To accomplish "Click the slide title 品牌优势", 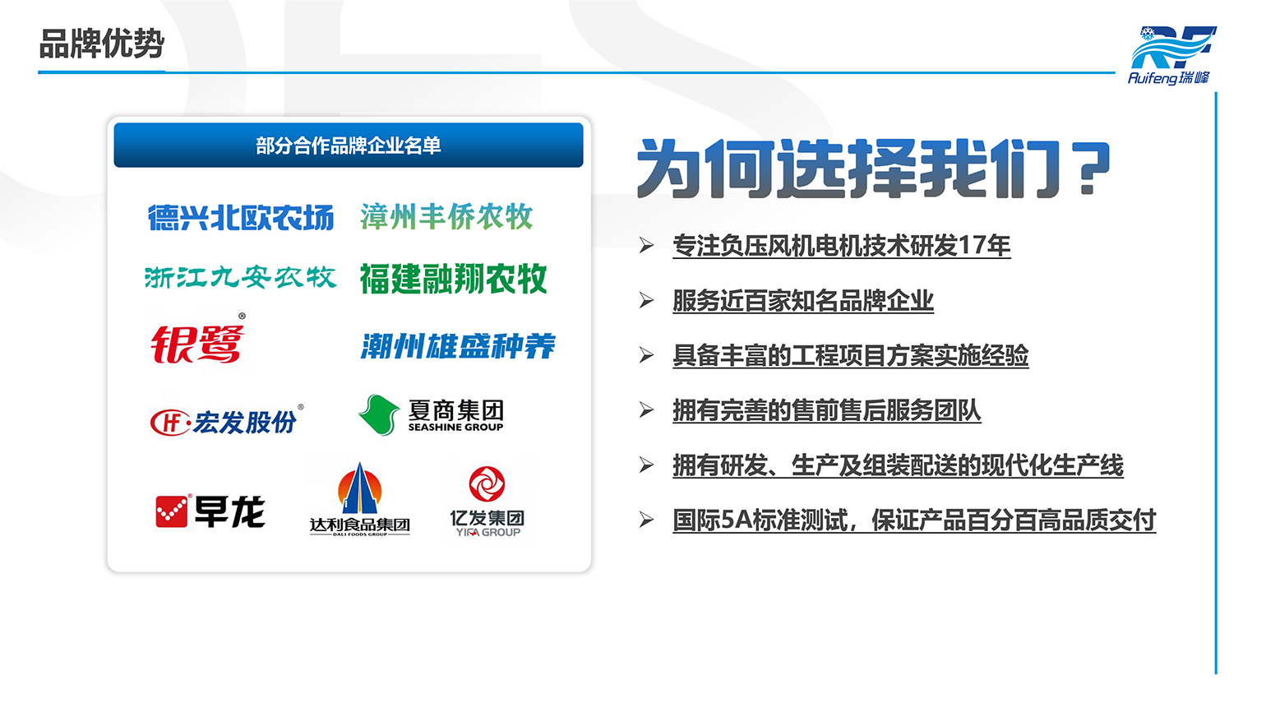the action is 102,44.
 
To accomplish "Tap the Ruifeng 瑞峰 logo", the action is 1171,55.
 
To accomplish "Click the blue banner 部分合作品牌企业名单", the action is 349,146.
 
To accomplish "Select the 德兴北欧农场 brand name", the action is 241,218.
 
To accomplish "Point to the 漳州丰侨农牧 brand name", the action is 446,216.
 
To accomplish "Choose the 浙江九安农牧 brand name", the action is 241,277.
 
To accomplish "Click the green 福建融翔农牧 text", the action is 453,279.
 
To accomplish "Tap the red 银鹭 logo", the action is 198,342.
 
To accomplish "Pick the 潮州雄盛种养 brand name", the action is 459,346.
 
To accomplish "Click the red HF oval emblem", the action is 169,423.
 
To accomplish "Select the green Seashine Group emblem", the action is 379,415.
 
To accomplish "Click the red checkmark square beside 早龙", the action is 171,511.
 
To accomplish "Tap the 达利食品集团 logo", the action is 359,499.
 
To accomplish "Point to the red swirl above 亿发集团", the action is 487,483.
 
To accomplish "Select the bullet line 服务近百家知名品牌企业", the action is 803,301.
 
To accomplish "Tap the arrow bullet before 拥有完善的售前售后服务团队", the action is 646,409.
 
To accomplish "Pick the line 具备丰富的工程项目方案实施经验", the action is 851,355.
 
